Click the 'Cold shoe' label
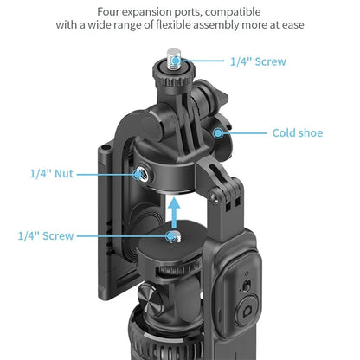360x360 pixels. click(298, 133)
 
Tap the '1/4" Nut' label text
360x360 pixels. click(52, 174)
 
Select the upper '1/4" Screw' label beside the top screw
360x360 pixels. click(258, 61)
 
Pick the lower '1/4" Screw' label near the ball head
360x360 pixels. click(46, 235)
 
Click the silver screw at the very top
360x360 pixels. click(174, 59)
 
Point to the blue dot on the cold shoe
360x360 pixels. click(218, 132)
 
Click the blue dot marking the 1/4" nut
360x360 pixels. click(138, 174)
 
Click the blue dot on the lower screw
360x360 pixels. click(171, 236)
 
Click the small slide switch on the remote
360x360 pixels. click(246, 286)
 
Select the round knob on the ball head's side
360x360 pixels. click(150, 300)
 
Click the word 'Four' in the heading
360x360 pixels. click(107, 12)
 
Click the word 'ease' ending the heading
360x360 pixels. click(293, 25)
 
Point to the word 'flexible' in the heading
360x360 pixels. click(173, 24)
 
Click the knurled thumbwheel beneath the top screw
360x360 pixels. click(174, 75)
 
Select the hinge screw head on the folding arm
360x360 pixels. click(214, 197)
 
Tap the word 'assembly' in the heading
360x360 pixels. click(216, 25)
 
